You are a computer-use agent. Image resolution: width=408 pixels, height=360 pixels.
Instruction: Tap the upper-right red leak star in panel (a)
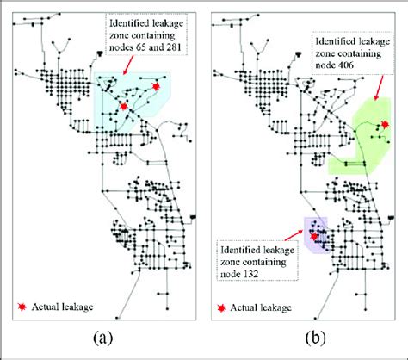156,87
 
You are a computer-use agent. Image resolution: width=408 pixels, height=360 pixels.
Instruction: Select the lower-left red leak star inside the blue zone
124,105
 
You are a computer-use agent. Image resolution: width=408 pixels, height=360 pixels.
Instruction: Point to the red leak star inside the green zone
385,125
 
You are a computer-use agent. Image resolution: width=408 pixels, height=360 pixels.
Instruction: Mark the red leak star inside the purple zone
315,233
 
